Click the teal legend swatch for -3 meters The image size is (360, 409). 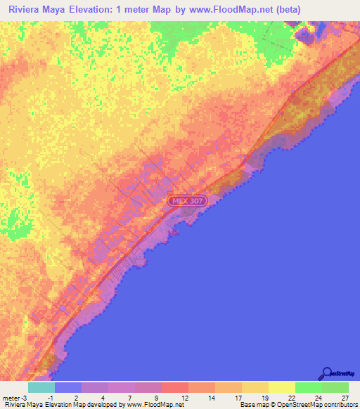tap(41, 387)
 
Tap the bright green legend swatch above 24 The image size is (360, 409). tap(308, 387)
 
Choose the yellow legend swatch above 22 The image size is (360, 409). tap(281, 387)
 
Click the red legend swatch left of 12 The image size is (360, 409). tap(174, 387)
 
